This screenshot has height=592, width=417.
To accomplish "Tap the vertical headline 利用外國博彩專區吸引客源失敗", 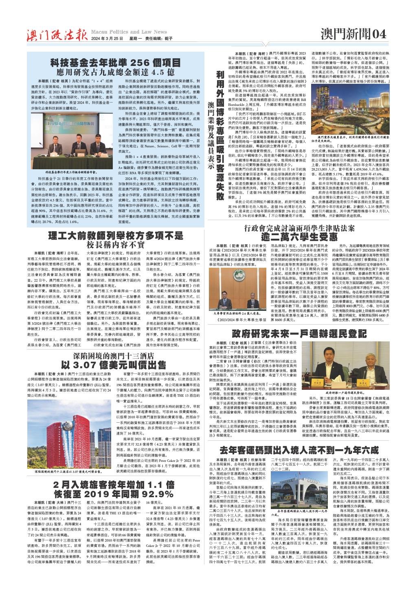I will coord(220,134).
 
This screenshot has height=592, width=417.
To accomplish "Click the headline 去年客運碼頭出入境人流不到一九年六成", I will coord(299,450).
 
